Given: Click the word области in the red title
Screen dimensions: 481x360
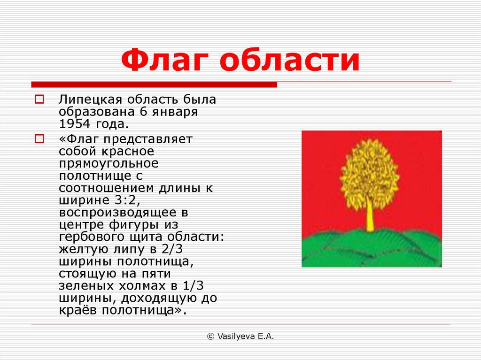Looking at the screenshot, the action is [289, 60].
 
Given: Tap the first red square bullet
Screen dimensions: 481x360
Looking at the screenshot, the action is [39, 100].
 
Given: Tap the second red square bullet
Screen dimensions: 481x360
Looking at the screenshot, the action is [39, 139].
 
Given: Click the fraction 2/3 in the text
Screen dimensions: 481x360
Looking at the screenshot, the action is [171, 249].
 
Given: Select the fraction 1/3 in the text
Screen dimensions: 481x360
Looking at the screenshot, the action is [193, 286].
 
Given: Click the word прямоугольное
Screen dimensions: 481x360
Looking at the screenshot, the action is [109, 164].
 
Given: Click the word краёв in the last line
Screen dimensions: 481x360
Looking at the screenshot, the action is [78, 310].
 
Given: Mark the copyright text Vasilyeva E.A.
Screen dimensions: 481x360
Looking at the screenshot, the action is [240, 337].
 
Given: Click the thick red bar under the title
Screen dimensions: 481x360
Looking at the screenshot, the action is [154, 84].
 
